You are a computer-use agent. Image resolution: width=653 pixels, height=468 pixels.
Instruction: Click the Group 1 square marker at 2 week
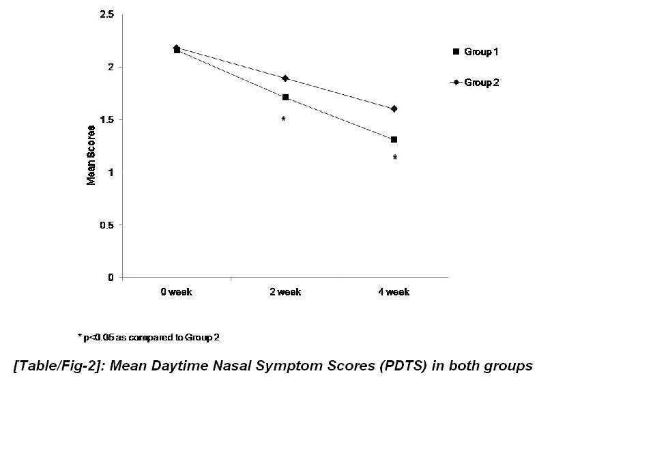click(x=285, y=98)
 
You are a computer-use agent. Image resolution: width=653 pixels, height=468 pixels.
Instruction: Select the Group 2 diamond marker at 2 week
click(x=285, y=78)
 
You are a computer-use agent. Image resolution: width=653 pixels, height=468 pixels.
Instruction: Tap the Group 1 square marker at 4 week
click(x=394, y=140)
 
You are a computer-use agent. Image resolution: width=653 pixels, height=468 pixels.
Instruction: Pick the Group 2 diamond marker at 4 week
click(x=394, y=109)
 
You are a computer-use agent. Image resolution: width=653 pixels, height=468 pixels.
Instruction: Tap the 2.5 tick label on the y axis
click(x=108, y=15)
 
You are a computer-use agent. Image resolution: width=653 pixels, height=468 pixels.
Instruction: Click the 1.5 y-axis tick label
click(x=108, y=120)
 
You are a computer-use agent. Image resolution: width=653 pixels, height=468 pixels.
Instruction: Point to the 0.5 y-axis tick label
click(x=108, y=225)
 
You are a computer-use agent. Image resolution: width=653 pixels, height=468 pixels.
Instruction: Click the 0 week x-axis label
click(x=176, y=292)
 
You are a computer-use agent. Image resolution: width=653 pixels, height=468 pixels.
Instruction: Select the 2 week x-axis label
click(x=285, y=292)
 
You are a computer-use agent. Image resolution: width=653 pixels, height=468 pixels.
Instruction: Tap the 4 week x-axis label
click(x=394, y=292)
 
